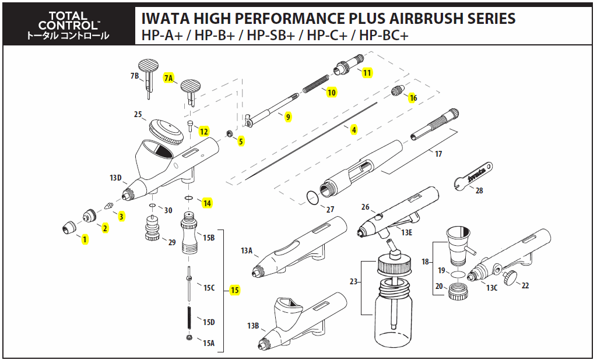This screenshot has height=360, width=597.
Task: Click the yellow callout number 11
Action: [x=367, y=73]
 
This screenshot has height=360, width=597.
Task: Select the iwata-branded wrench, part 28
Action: [x=473, y=175]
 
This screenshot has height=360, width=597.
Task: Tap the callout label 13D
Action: [x=115, y=178]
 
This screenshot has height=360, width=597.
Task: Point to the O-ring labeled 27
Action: [x=313, y=198]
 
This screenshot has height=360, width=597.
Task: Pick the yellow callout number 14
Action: [x=207, y=203]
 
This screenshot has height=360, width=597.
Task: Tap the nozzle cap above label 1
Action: [x=68, y=227]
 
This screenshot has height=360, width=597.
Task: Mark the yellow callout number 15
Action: [x=235, y=290]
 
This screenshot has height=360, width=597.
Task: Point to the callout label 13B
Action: [x=252, y=326]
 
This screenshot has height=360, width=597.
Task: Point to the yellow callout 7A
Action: [x=169, y=78]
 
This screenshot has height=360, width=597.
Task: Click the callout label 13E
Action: [x=406, y=233]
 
